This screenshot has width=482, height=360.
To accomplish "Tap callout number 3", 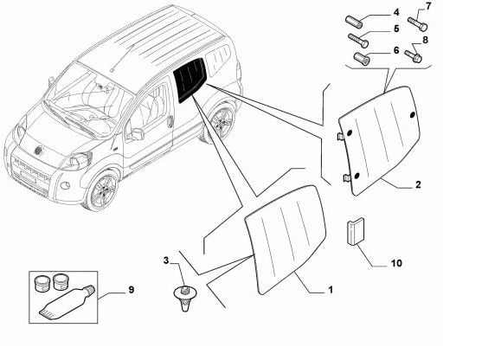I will click(x=166, y=260).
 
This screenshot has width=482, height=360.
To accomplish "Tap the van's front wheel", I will click(x=103, y=190).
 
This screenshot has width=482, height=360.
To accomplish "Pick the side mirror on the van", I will click(x=136, y=133).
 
